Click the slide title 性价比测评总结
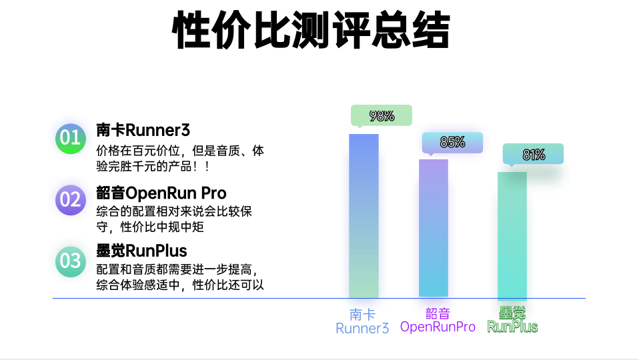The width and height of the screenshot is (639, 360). [x=311, y=30]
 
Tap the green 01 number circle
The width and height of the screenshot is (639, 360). [x=71, y=139]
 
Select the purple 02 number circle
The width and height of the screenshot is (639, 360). [x=71, y=199]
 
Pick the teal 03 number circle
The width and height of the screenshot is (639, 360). [x=71, y=261]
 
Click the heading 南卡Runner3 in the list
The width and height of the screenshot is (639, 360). [x=143, y=130]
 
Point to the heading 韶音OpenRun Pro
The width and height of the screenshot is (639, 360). [x=161, y=193]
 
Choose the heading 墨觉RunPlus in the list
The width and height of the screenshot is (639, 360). [x=141, y=251]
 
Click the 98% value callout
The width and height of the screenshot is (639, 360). [x=382, y=115]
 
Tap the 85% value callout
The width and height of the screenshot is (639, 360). [x=452, y=143]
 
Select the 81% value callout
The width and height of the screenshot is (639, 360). [x=533, y=155]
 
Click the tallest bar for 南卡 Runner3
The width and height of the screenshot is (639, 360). [x=364, y=216]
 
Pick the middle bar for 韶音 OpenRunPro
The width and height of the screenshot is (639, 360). [x=434, y=229]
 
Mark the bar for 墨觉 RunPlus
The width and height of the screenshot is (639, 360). [x=512, y=236]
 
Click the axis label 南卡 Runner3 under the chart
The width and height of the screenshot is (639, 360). [x=362, y=321]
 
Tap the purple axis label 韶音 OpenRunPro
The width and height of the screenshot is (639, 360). [x=438, y=320]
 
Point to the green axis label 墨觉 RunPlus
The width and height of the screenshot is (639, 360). [x=512, y=320]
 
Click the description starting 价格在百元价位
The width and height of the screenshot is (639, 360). [x=180, y=159]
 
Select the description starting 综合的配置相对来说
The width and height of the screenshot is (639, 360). [x=174, y=219]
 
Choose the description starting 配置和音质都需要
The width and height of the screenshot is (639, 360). [x=180, y=277]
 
